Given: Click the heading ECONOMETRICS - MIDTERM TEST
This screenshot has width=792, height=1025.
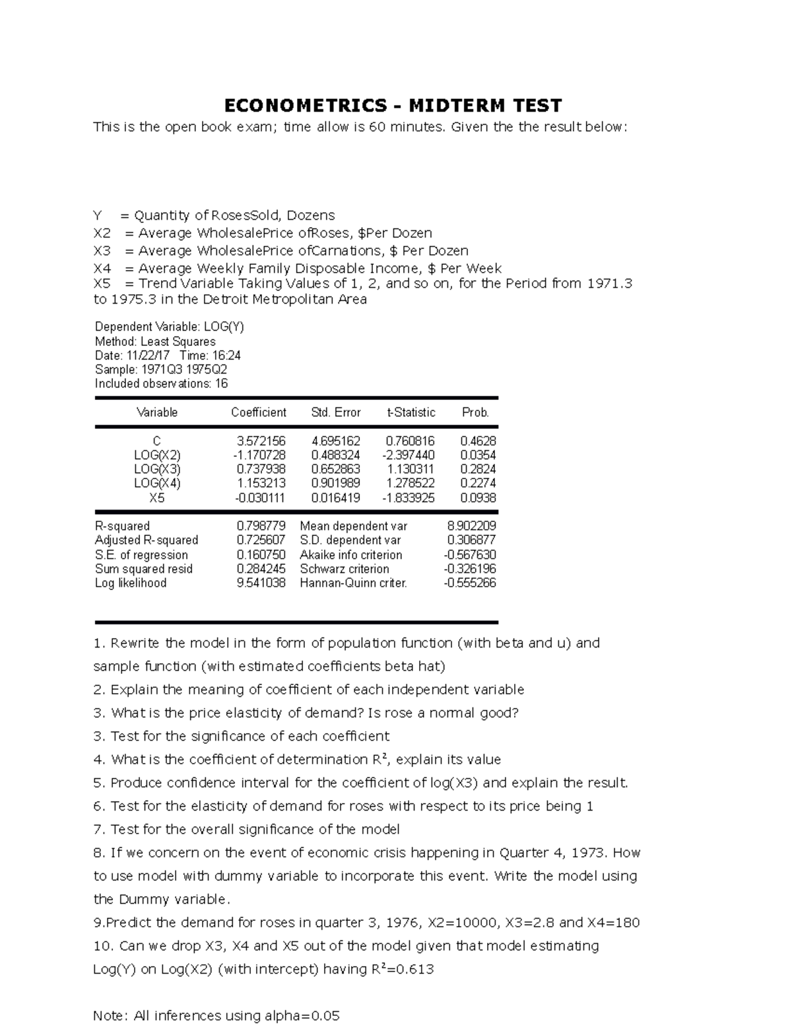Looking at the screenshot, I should (x=393, y=106).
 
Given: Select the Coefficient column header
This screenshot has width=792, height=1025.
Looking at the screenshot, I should (x=258, y=413).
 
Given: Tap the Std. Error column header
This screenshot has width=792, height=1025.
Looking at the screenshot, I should (x=335, y=413).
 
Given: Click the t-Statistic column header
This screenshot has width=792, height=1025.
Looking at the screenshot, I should (x=411, y=413).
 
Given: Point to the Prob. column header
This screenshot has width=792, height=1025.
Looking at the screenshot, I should (x=475, y=413).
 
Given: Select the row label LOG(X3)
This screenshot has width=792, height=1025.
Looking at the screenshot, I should (x=157, y=469).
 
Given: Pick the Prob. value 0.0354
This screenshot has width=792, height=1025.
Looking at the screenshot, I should (x=478, y=455).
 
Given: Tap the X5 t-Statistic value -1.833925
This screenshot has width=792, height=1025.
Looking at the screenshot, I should (x=409, y=498).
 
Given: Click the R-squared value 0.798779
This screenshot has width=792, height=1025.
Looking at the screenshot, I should (x=261, y=526).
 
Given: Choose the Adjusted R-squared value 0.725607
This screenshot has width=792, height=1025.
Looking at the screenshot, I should (x=261, y=540).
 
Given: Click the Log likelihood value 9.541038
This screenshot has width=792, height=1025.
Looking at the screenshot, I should (x=261, y=583).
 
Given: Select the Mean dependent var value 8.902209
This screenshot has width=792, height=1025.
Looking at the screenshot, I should (x=471, y=526).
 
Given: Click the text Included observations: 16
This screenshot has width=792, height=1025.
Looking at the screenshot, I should (x=161, y=383).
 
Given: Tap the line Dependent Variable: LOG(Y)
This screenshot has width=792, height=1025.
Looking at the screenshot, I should (x=169, y=327).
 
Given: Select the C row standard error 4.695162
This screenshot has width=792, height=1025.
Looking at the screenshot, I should (x=335, y=441).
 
